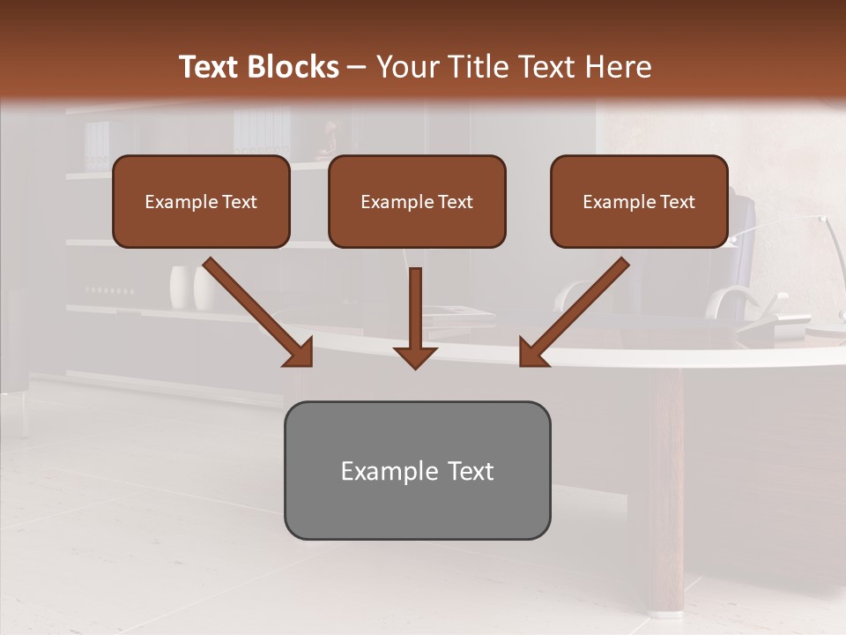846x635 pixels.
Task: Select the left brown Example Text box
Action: pos(201,201)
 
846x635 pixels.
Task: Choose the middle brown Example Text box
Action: pos(417,201)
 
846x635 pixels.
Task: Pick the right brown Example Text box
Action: pos(639,201)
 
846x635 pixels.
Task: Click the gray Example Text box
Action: pos(417,470)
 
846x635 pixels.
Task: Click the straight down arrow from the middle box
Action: pos(415,313)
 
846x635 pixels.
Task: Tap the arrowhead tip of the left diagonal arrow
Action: pos(311,365)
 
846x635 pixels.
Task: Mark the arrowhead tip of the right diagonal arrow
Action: pos(521,365)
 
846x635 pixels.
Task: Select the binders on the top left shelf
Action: pos(97,146)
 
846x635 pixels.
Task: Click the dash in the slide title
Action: pos(357,67)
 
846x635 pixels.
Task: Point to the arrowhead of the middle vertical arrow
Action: pos(415,356)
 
